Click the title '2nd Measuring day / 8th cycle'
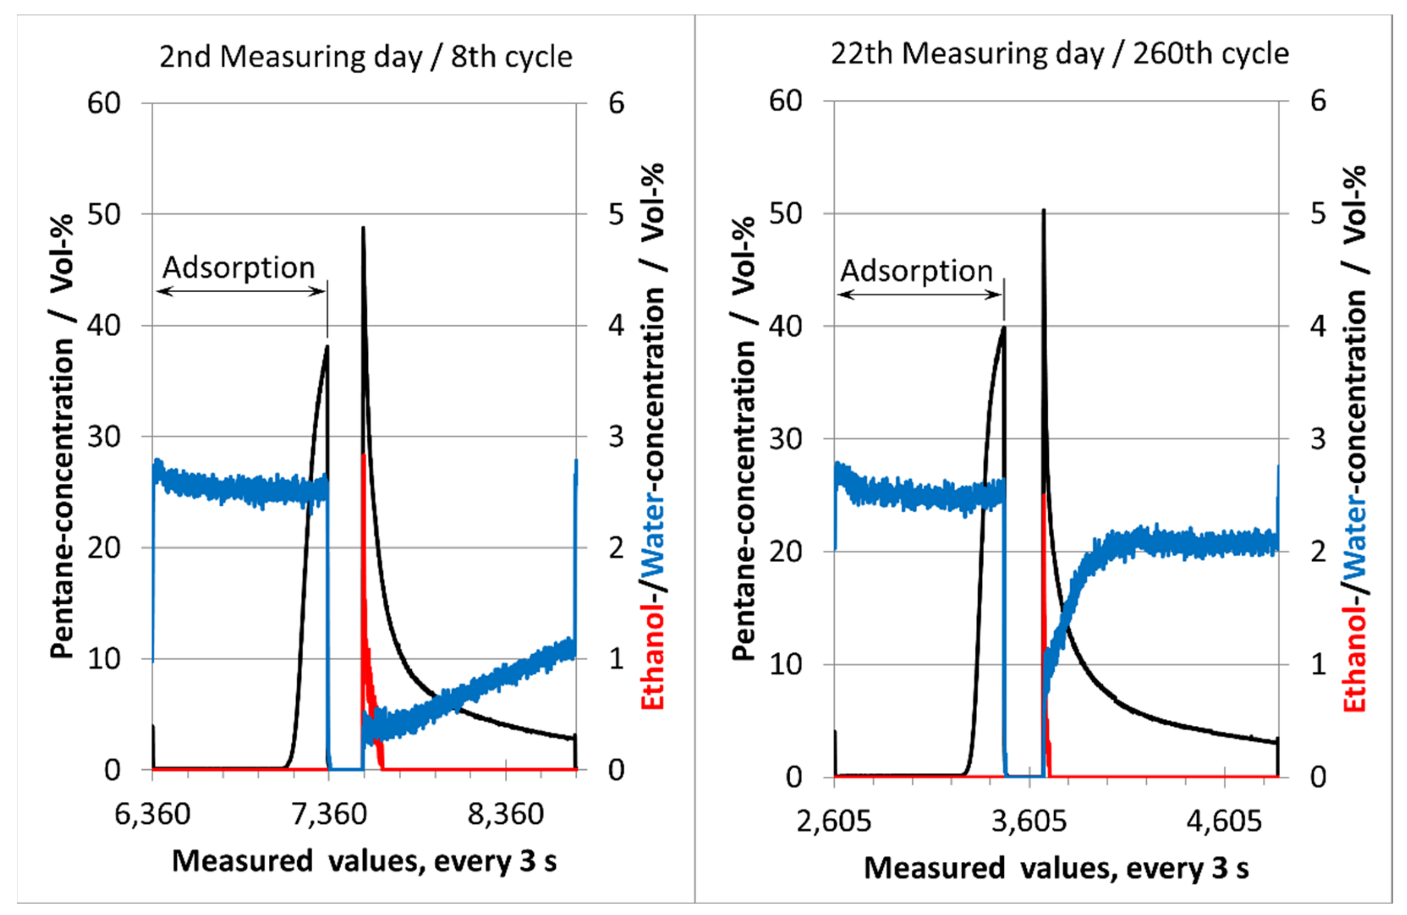(x=365, y=58)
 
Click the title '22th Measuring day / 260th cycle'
(x=1060, y=54)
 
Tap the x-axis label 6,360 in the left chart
(x=152, y=814)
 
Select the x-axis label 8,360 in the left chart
(x=505, y=814)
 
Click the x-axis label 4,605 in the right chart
(x=1224, y=821)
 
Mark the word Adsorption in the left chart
(x=238, y=268)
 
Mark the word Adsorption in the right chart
(x=916, y=272)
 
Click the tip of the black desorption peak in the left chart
(x=363, y=228)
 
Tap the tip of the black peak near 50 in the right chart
(x=1043, y=210)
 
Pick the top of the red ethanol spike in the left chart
(x=364, y=455)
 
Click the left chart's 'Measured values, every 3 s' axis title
(x=364, y=861)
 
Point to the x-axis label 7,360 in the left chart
(x=329, y=814)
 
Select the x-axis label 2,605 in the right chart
(x=833, y=821)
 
